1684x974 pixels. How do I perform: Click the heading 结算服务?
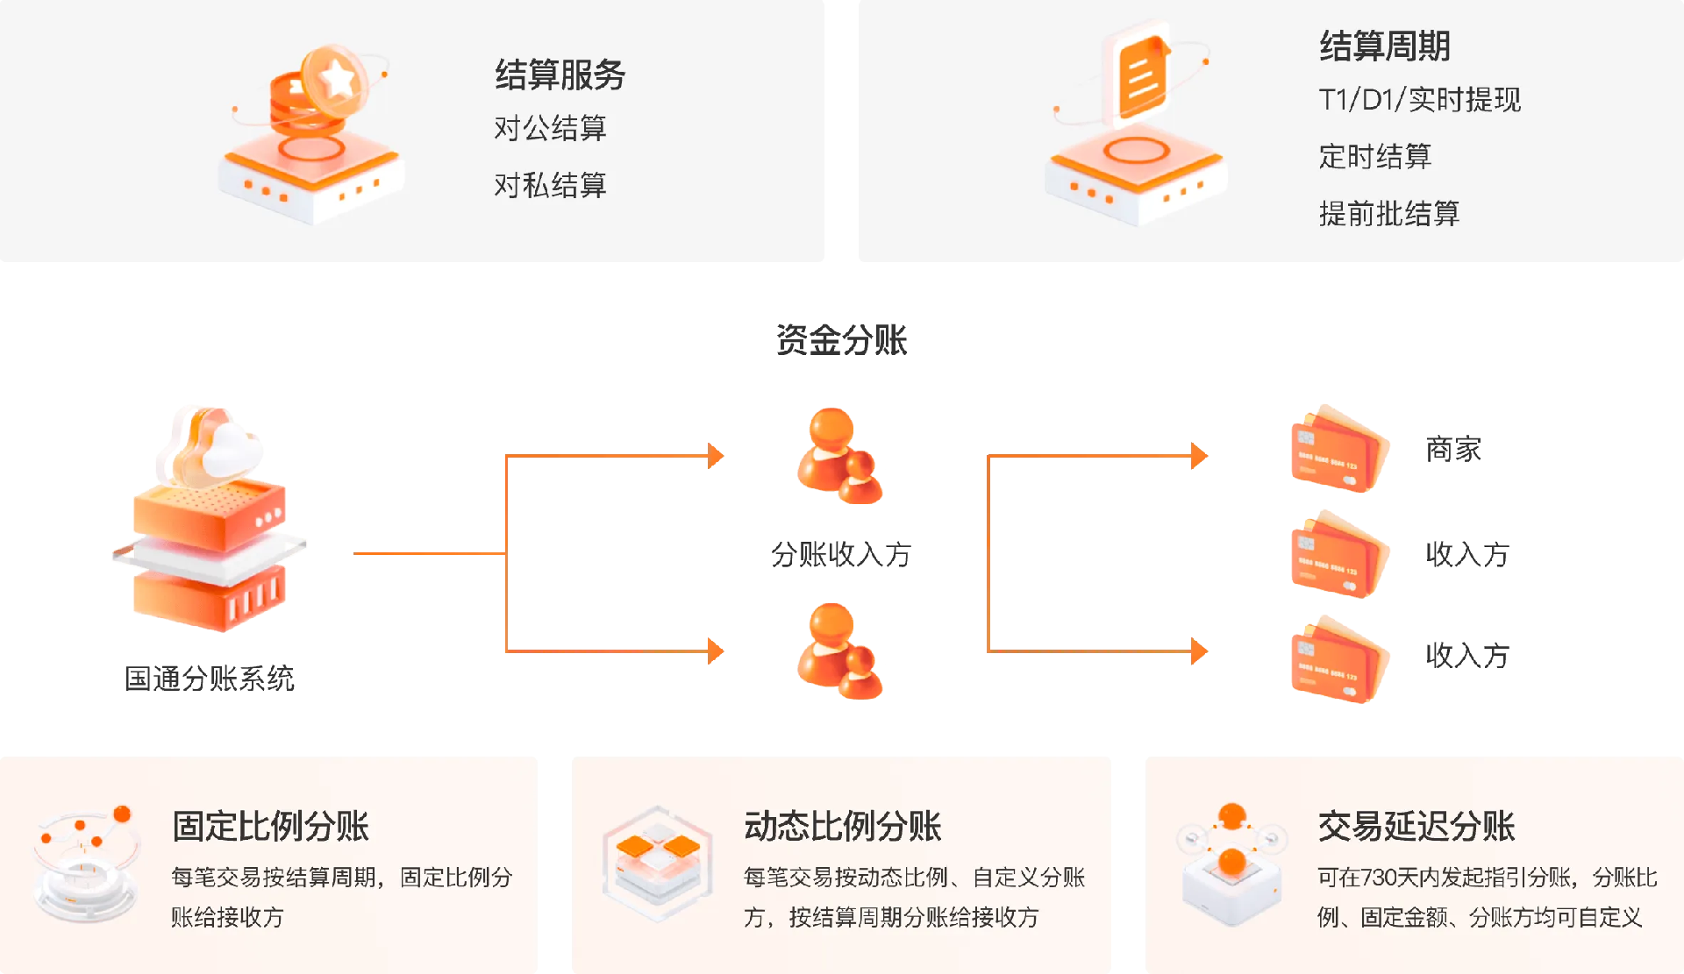coord(560,75)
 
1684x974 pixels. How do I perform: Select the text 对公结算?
coord(550,129)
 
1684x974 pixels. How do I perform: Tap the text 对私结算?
coord(550,185)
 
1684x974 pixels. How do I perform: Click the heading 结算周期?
coord(1385,46)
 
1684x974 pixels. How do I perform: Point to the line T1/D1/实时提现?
coord(1419,100)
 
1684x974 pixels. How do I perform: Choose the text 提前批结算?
coord(1388,213)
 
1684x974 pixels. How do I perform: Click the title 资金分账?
coord(841,340)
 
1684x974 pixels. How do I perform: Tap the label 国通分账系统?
coord(210,678)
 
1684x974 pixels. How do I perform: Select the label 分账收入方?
coord(841,554)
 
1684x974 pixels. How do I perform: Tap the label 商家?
coord(1452,450)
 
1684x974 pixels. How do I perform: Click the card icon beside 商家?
coord(1338,450)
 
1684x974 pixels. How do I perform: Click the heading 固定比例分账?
coord(270,826)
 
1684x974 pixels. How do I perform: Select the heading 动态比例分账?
coord(842,826)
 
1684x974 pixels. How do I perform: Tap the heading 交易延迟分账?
coord(1416,826)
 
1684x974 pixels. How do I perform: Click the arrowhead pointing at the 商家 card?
coord(1199,456)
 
